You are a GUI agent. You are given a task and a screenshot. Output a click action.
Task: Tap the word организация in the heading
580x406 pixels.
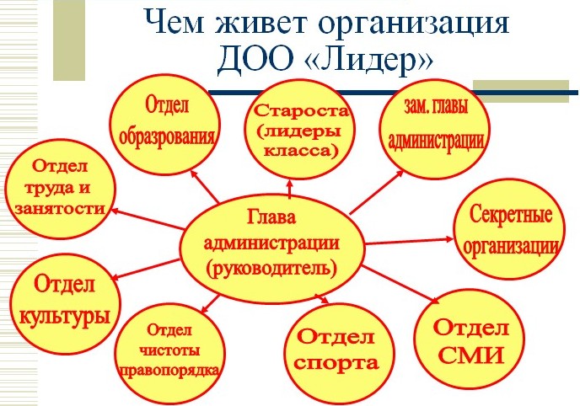[x=414, y=24]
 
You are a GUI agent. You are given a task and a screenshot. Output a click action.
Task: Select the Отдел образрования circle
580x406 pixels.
[x=166, y=124]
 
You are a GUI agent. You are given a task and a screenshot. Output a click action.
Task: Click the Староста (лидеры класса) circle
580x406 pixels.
[x=299, y=130]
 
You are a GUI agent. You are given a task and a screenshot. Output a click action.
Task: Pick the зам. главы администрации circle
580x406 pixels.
[x=436, y=129]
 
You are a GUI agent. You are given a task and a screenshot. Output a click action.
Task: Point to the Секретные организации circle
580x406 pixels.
[x=510, y=229]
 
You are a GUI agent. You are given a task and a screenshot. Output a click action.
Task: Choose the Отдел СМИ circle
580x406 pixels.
[x=469, y=339]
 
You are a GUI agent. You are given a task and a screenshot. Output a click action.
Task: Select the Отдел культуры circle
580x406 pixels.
[x=65, y=304]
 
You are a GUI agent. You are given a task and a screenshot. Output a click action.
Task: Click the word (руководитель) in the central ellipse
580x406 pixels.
[x=271, y=269]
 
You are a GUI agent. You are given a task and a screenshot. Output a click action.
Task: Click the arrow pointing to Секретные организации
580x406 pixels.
[x=409, y=242]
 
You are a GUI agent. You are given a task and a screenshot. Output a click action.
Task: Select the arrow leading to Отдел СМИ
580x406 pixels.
[x=400, y=284]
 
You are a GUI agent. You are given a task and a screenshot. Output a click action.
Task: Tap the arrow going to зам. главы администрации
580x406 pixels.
[x=377, y=192]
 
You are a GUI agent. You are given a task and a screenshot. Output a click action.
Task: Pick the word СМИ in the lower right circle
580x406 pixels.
[x=471, y=355]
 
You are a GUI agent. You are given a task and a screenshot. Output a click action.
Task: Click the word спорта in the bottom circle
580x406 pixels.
[x=337, y=364]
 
